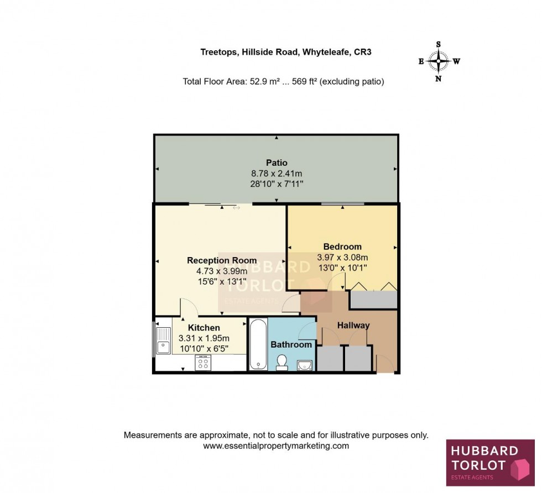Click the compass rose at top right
tap(439, 61)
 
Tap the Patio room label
tap(277, 162)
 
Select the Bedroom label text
tap(342, 246)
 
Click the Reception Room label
tap(222, 260)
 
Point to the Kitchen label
tap(204, 328)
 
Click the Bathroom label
tap(291, 344)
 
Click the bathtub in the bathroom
tap(258, 344)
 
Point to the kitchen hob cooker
tap(203, 363)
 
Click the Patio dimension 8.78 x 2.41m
tap(277, 173)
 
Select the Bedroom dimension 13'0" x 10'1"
tap(342, 268)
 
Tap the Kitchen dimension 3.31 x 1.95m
tap(204, 338)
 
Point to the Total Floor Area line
tap(283, 81)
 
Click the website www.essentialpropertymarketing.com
tap(276, 445)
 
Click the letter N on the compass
tap(439, 78)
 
